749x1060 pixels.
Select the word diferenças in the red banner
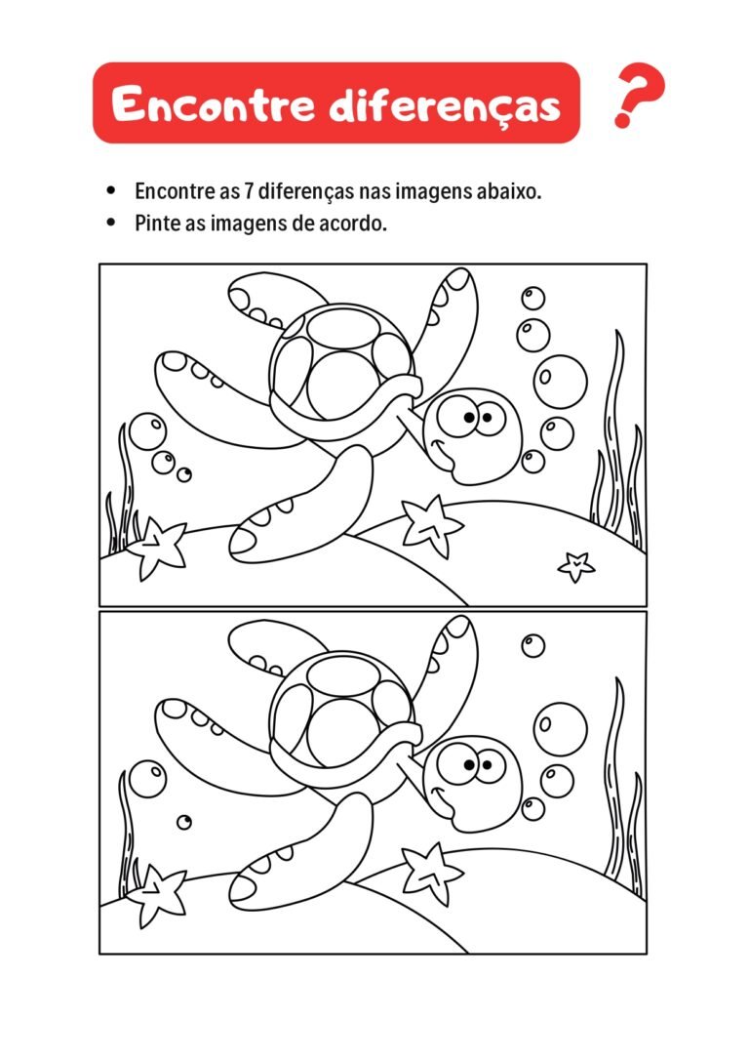(445, 104)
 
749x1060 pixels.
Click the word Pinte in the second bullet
(156, 223)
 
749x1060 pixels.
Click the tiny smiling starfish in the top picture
(575, 564)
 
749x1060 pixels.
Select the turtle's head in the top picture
(473, 434)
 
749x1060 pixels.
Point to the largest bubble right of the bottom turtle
(561, 728)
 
